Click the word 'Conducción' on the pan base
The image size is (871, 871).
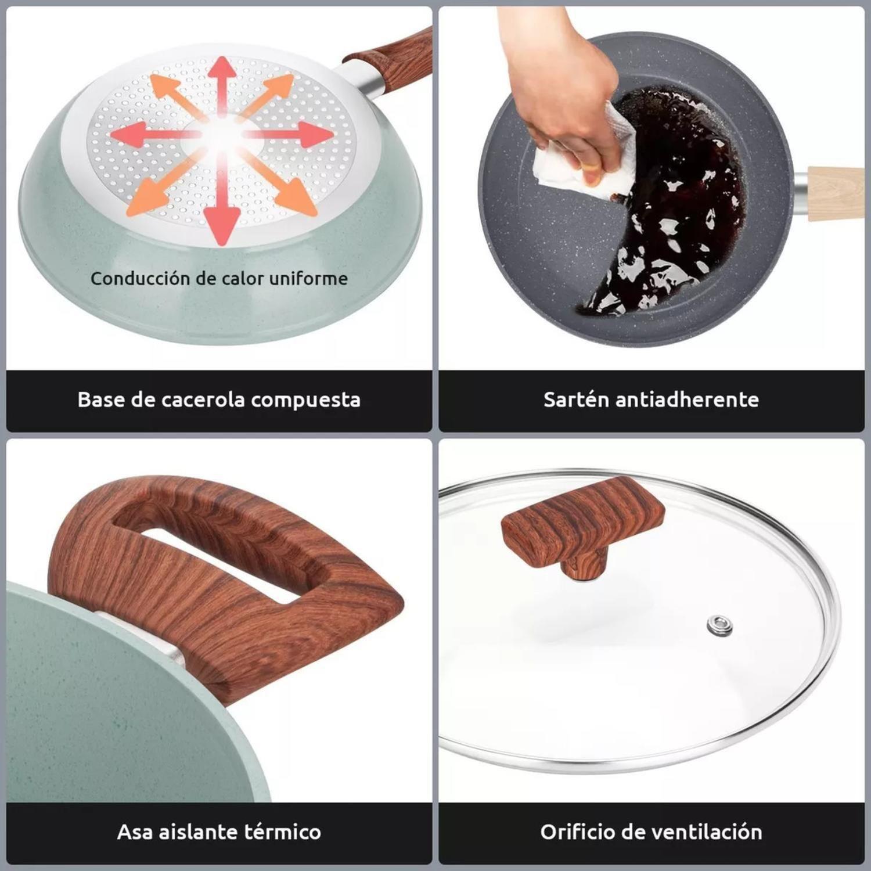[141, 278]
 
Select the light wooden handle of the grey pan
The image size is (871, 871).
[836, 192]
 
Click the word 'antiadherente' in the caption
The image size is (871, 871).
[686, 399]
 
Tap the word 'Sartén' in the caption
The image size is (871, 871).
[575, 399]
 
